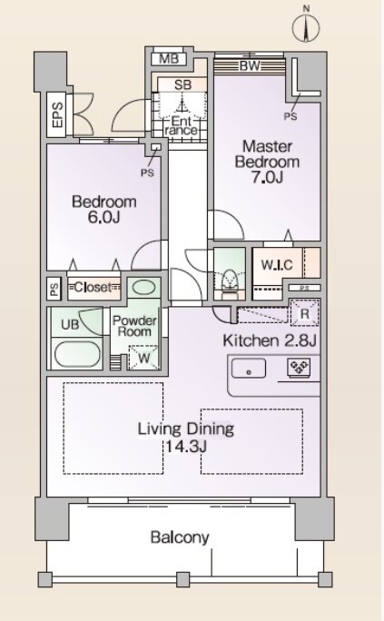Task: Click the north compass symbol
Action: pyautogui.click(x=306, y=25)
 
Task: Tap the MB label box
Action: pyautogui.click(x=169, y=59)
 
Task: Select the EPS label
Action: pyautogui.click(x=57, y=115)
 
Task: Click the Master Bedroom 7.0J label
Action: pyautogui.click(x=267, y=162)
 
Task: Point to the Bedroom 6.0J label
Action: pyautogui.click(x=104, y=209)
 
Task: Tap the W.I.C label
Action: pyautogui.click(x=277, y=264)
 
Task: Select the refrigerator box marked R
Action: pyautogui.click(x=304, y=313)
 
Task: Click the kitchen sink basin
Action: pyautogui.click(x=249, y=370)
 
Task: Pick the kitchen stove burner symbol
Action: pyautogui.click(x=299, y=367)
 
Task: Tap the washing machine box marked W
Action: pyautogui.click(x=144, y=358)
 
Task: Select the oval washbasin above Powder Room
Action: pyautogui.click(x=143, y=287)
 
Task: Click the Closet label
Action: pyautogui.click(x=94, y=287)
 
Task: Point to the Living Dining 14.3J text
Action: pyautogui.click(x=186, y=438)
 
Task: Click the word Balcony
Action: pyautogui.click(x=180, y=537)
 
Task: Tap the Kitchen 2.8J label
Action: pyautogui.click(x=270, y=340)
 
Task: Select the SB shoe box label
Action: pyautogui.click(x=182, y=84)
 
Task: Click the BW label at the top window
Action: pyautogui.click(x=250, y=65)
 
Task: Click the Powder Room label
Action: pyautogui.click(x=134, y=326)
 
